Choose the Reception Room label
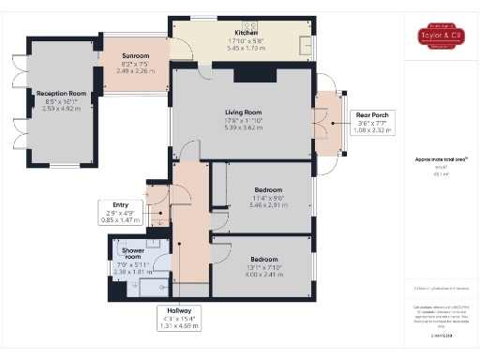coord(62,94)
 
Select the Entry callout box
coord(120,211)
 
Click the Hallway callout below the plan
coord(178,318)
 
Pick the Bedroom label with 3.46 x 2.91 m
coord(267,189)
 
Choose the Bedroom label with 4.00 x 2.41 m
coord(263,258)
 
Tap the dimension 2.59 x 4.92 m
coord(62,108)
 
